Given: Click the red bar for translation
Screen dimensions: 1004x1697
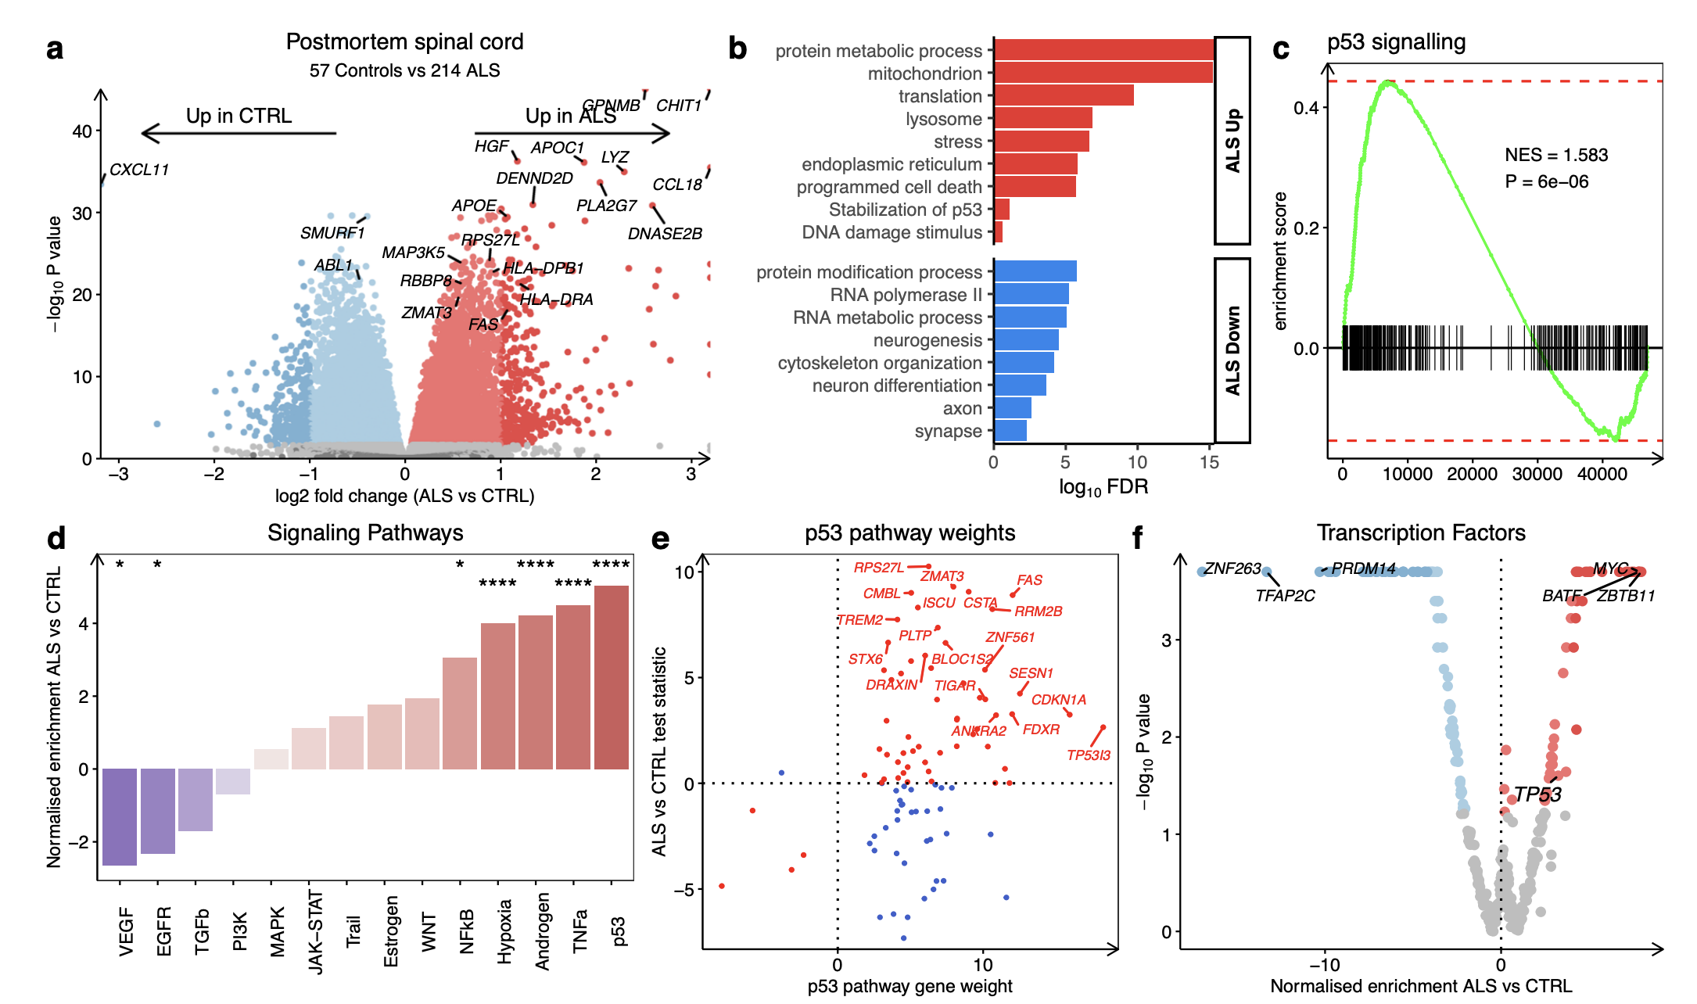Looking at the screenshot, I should pos(1064,95).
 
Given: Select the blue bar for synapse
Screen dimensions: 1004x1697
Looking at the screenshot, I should pos(1010,431).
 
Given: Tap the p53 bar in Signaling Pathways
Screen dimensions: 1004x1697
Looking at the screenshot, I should pos(612,677).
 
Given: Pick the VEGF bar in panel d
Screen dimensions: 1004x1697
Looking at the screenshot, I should pos(120,816).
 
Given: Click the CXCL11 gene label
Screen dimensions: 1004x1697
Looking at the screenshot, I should pos(139,170).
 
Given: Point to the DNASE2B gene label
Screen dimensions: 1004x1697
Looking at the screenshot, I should pos(665,234).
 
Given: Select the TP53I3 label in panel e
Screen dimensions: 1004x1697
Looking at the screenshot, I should pos(1089,755).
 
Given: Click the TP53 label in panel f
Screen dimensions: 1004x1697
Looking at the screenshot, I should pos(1537,794).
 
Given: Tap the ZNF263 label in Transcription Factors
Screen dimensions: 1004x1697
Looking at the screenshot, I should pos(1232,569).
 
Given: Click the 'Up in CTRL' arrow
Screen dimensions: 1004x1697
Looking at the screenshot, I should pos(239,134).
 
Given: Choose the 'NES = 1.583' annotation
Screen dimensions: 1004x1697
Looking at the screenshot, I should pos(1556,155).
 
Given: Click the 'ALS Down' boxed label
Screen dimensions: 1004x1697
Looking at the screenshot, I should pos(1232,350).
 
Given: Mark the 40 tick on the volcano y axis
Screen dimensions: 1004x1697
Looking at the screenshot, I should pos(82,131).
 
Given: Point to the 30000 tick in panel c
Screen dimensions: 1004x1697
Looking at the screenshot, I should pos(1537,474).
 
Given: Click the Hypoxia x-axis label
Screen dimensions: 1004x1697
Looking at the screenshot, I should pos(505,931).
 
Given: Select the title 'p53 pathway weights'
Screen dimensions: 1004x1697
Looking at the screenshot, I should pos(909,533).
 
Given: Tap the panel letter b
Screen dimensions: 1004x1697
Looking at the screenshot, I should pos(737,48).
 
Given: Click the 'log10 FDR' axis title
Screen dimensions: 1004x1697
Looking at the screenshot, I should pos(1103,487).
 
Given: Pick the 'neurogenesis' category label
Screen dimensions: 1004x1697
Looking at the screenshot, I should pos(927,341).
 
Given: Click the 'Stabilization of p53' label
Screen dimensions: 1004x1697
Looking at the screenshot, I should pos(905,210).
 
